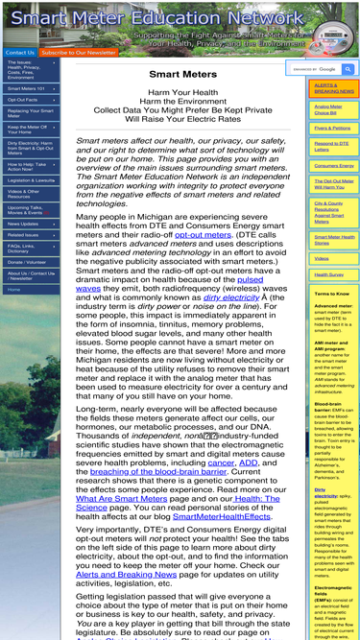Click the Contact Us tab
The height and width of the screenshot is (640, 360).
19,53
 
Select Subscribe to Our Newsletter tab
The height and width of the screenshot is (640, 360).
78,53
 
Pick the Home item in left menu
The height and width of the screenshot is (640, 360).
13,289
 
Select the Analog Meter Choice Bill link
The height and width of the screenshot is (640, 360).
327,109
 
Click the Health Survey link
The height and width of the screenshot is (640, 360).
328,274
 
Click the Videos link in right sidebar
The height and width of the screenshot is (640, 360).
321,258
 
